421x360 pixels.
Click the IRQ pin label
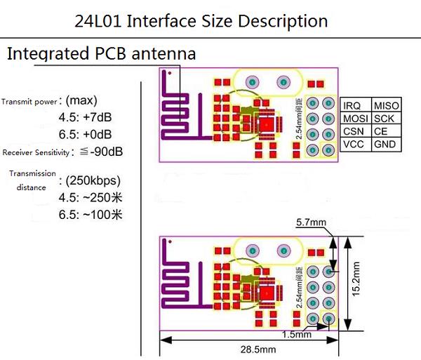(353, 105)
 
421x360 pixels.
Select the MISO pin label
(387, 105)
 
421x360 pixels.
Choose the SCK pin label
(385, 119)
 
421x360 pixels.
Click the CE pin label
(381, 132)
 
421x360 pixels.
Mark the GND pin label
(385, 145)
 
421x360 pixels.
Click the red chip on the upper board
(267, 124)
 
